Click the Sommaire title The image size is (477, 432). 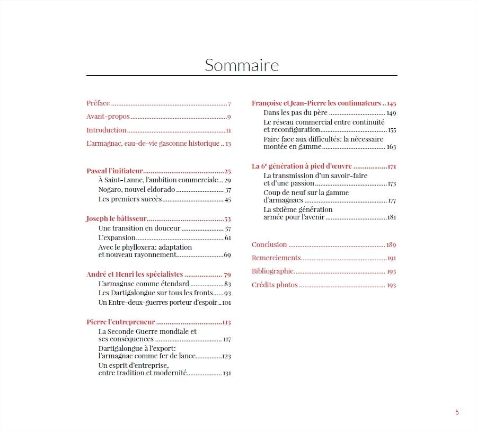tap(242, 65)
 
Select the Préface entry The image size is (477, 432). tap(98, 103)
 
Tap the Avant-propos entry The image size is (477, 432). tap(108, 117)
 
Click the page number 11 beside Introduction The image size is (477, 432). tap(228, 130)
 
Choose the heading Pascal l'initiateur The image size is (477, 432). tap(114, 171)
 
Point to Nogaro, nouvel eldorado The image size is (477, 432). tap(136, 190)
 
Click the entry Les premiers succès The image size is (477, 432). tap(130, 199)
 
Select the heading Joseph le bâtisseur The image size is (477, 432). tap(116, 218)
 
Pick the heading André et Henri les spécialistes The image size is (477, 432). tap(135, 275)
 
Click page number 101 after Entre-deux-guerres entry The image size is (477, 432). tap(226, 303)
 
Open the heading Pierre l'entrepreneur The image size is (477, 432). tap(120, 322)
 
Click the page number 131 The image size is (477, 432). tap(227, 373)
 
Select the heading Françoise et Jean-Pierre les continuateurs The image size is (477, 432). tap(316, 103)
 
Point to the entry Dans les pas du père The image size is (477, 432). tap(296, 113)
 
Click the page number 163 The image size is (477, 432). tap(392, 147)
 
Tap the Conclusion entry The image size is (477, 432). tap(269, 245)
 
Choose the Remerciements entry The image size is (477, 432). tap(276, 258)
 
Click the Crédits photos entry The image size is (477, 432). tap(275, 285)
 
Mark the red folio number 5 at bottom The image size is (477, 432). tap(457, 412)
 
